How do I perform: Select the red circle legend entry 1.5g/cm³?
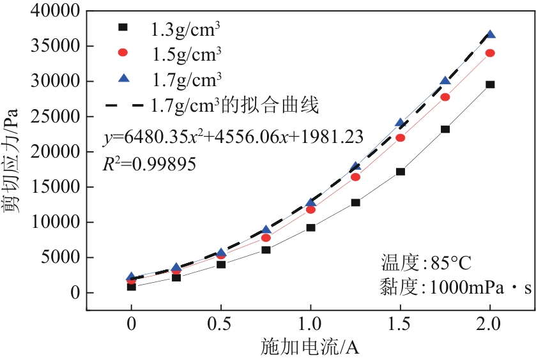185,53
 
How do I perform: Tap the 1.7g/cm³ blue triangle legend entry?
185,79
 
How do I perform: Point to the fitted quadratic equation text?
233,137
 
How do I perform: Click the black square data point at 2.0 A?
490,84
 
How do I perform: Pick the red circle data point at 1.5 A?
401,138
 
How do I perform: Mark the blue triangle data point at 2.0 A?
490,34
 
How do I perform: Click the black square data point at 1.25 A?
356,202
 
